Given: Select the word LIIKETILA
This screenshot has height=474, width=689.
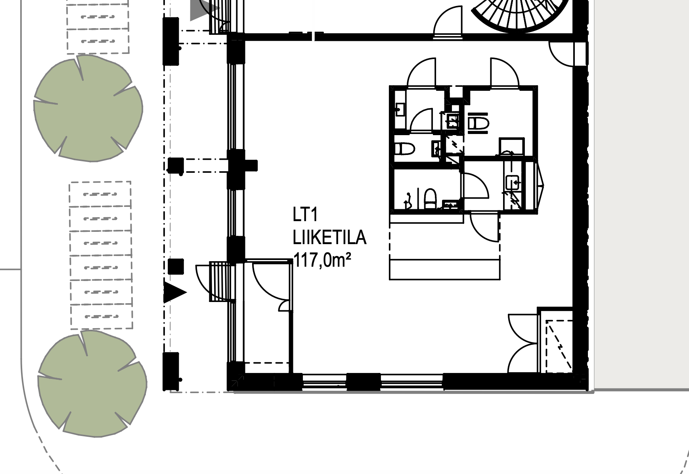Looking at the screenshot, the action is point(329,238).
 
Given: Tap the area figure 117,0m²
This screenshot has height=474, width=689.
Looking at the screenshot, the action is point(322,261).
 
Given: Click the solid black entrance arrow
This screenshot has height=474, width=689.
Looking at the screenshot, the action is point(175,293).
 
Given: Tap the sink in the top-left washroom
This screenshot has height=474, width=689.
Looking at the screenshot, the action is point(400,109).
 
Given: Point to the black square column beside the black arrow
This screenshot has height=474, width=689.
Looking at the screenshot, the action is point(176,266).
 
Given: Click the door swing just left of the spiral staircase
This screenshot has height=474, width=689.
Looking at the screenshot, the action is point(448,22).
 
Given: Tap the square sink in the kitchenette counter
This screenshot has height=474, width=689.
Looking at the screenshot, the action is point(513,183).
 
